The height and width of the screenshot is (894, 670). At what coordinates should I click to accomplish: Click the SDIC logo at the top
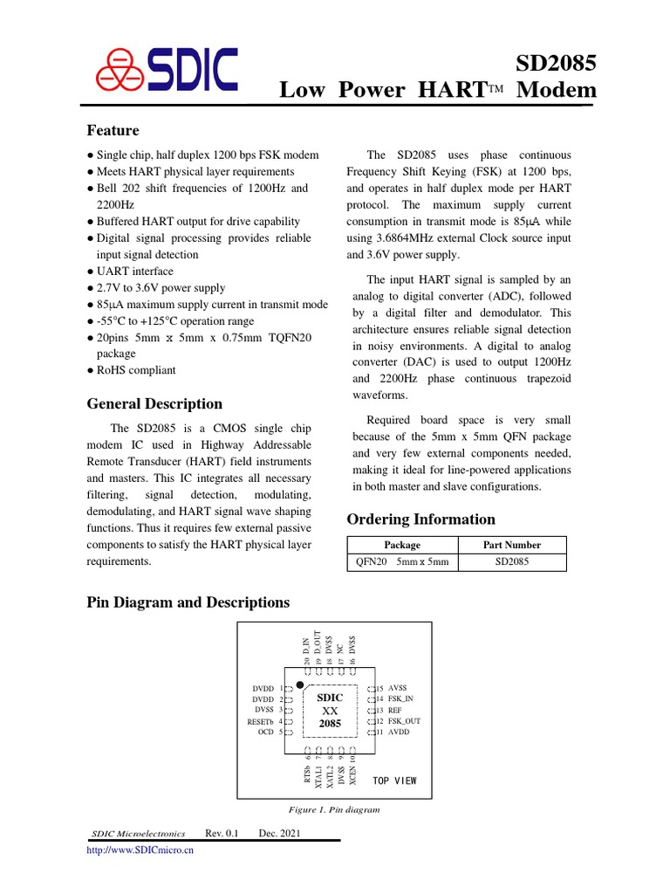click(x=166, y=70)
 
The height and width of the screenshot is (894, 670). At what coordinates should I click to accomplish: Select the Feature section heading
click(x=113, y=131)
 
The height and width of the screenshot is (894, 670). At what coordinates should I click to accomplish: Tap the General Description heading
click(x=154, y=404)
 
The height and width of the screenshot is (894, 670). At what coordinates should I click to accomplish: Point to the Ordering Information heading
click(x=421, y=519)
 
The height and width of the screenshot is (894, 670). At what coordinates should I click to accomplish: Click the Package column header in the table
click(x=402, y=545)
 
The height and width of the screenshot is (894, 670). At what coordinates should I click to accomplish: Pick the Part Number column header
click(x=512, y=545)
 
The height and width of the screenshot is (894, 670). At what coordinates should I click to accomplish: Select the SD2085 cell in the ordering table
click(x=512, y=561)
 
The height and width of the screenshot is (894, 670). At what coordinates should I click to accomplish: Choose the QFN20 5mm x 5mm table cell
click(x=402, y=561)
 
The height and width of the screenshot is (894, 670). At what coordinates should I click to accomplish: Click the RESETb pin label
click(x=260, y=721)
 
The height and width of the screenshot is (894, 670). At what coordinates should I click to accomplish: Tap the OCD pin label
click(x=266, y=732)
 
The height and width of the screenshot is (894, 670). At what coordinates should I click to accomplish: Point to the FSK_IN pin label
click(x=402, y=699)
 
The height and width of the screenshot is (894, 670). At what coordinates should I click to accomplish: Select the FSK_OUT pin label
click(x=405, y=721)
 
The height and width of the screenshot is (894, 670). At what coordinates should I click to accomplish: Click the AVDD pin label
click(x=398, y=732)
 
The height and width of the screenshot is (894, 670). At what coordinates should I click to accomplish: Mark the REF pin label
click(x=395, y=711)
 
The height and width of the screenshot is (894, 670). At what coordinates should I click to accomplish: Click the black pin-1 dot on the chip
click(x=299, y=684)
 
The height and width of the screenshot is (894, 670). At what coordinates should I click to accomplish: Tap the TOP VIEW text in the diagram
click(x=394, y=781)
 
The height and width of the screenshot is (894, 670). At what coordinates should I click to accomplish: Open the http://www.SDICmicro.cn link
click(x=139, y=849)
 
